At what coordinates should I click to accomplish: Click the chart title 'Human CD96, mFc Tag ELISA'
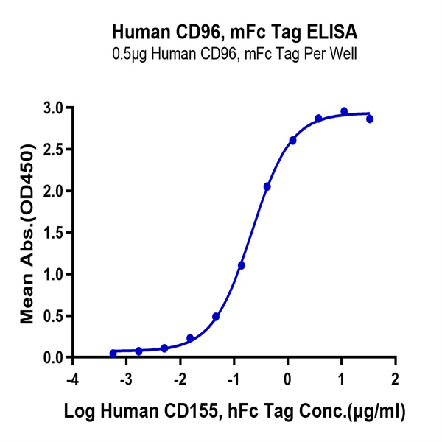point(235,32)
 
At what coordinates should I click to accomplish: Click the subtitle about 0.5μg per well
point(235,53)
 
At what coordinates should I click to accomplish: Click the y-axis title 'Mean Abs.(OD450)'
point(27,233)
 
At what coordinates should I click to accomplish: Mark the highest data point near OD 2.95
point(344,111)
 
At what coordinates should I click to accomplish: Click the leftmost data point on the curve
point(113,354)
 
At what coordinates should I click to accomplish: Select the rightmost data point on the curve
point(370,119)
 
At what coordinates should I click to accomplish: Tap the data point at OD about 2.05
point(267,187)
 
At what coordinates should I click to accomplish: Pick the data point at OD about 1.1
point(242,265)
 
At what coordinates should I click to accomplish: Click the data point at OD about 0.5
point(216,317)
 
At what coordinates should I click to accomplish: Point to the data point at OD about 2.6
point(292,141)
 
